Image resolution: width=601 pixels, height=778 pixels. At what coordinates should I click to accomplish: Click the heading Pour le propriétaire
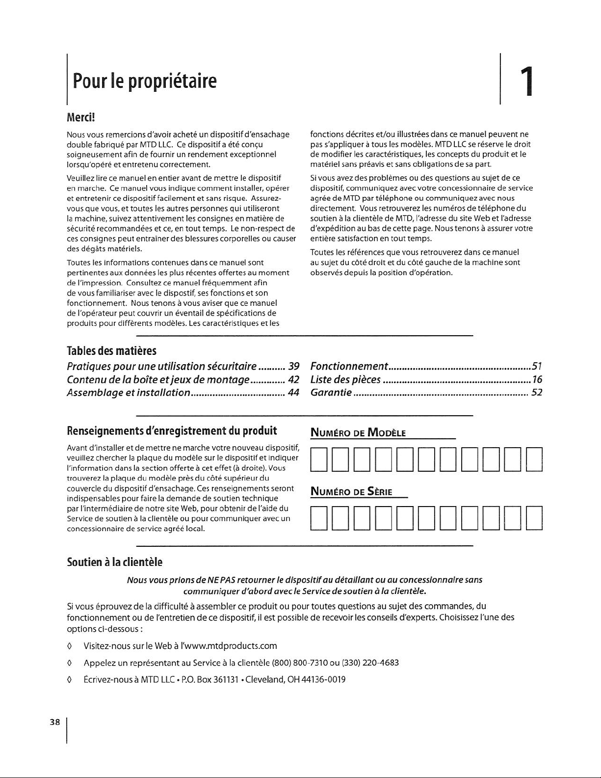coord(144,81)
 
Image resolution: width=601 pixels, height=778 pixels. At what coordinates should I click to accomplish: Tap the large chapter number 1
coord(526,82)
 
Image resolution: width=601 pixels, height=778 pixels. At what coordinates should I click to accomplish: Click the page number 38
coord(54,722)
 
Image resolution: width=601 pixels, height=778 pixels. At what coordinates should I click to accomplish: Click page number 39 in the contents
coord(294,367)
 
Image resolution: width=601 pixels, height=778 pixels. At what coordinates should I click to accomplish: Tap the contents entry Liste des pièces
coord(346,379)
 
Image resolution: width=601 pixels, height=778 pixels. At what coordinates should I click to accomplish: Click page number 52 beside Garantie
coord(536,392)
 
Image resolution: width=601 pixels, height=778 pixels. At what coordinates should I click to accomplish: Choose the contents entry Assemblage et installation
coord(128,392)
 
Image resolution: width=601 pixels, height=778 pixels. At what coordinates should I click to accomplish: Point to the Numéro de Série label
coord(352,492)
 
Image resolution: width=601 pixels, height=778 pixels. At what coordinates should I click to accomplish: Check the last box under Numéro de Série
coord(534,518)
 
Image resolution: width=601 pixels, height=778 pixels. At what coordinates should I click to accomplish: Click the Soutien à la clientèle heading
coord(114,562)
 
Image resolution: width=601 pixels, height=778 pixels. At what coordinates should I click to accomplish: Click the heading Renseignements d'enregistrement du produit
coord(172,431)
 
